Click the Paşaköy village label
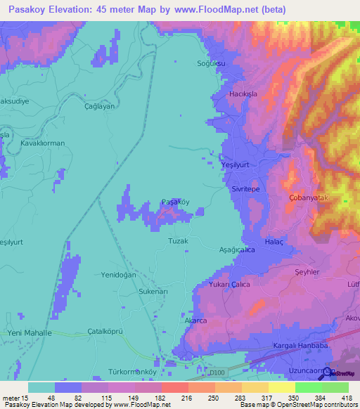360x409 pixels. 175,202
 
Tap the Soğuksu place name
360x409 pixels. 210,63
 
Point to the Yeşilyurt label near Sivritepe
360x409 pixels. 236,164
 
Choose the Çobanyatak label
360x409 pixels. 309,198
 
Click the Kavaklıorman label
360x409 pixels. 43,143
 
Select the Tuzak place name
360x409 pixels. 179,240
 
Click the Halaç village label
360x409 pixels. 273,241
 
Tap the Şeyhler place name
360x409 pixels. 307,273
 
